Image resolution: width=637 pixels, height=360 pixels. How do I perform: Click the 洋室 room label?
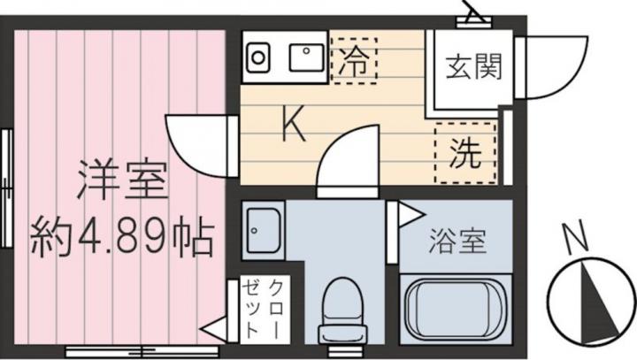click(123, 180)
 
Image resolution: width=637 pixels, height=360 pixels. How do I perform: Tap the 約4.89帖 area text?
click(123, 239)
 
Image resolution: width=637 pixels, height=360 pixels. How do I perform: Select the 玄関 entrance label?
click(473, 67)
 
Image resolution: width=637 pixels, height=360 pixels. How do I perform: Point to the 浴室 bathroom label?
click(458, 241)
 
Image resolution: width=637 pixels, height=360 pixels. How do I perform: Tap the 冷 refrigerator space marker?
click(354, 61)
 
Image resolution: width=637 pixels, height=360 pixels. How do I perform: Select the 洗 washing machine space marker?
click(465, 153)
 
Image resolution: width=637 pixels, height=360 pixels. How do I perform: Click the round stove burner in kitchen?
click(257, 57)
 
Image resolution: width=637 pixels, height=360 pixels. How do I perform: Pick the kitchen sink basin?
click(307, 57)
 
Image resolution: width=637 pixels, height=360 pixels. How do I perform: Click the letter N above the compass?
click(577, 236)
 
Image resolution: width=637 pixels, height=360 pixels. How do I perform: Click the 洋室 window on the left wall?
click(6, 188)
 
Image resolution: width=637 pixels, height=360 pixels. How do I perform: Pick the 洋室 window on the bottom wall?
click(142, 350)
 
